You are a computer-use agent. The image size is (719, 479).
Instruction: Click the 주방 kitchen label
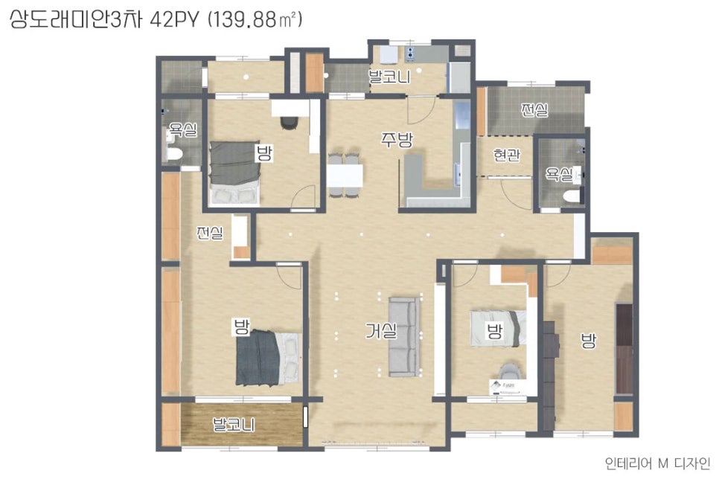tap(397, 139)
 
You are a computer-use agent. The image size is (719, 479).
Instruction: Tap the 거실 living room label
tap(381, 330)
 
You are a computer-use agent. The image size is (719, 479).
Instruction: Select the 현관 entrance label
tap(507, 155)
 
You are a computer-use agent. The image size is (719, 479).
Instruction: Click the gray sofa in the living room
tap(404, 336)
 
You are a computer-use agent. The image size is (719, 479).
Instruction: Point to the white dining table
tap(345, 175)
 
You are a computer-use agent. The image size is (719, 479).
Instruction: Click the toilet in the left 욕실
tap(173, 153)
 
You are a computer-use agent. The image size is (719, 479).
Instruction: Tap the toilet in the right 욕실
tap(572, 196)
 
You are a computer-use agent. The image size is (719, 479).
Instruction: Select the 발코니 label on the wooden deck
tap(234, 425)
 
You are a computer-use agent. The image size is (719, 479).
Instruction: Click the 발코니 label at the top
tap(390, 77)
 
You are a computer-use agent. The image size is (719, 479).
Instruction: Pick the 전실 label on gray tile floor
tap(534, 109)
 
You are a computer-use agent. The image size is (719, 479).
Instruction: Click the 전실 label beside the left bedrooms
tap(210, 233)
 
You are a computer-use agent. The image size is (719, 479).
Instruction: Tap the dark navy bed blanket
tap(258, 358)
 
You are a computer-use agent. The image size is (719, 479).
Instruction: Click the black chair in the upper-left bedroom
tap(289, 123)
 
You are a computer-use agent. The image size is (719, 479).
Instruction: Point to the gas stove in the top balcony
tap(410, 54)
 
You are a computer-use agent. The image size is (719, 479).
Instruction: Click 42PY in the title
tap(174, 20)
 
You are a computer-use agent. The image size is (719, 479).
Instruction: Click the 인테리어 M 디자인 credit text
tap(657, 463)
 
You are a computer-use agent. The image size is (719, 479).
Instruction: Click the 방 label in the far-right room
tap(588, 341)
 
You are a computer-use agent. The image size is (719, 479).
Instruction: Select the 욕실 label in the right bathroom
tap(558, 174)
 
